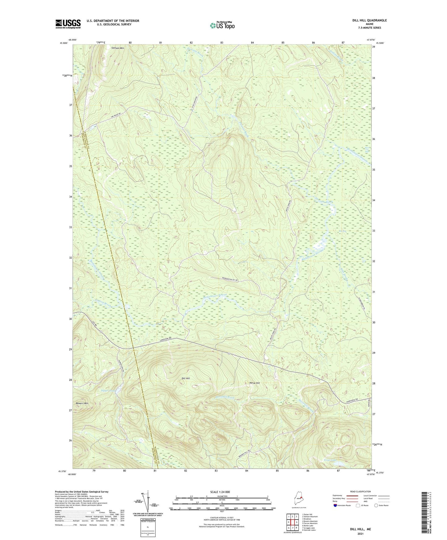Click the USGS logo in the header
[68, 24]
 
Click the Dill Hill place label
[186, 379]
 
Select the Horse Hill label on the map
[254, 383]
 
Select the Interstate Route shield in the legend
[335, 505]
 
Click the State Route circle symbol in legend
[376, 505]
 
